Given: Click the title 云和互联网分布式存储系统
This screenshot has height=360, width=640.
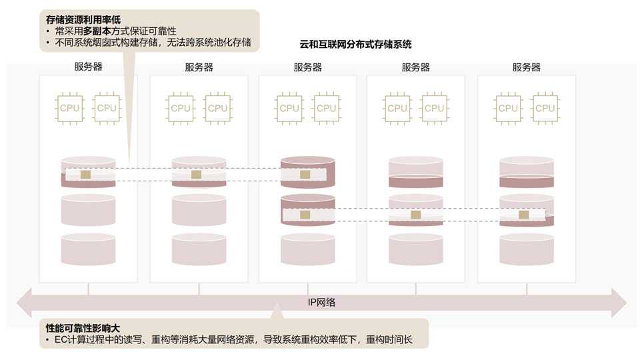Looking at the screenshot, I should tap(355, 45).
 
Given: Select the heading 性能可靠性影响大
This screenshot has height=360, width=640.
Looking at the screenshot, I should tap(83, 329).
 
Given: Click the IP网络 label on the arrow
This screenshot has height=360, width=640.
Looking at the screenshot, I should tap(321, 302).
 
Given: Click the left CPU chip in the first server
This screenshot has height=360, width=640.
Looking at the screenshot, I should tap(69, 108).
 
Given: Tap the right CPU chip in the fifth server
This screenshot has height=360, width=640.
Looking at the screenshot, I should tap(545, 108).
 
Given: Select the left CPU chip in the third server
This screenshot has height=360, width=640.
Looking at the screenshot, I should tap(289, 108).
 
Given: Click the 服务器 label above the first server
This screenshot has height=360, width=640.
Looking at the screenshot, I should tap(89, 67).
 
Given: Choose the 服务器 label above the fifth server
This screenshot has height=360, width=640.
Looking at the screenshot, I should tap(526, 67).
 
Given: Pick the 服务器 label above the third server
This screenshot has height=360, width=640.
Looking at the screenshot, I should tap(307, 67).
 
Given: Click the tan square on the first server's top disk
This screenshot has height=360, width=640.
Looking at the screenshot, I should tap(85, 175).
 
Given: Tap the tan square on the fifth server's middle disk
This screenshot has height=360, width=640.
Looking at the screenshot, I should tap(524, 215).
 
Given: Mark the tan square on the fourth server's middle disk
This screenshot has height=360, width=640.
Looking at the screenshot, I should tap(416, 215).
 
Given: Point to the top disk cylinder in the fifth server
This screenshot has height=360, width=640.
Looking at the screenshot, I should tap(527, 171).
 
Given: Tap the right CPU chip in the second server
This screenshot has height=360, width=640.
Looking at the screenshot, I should tap(217, 108).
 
